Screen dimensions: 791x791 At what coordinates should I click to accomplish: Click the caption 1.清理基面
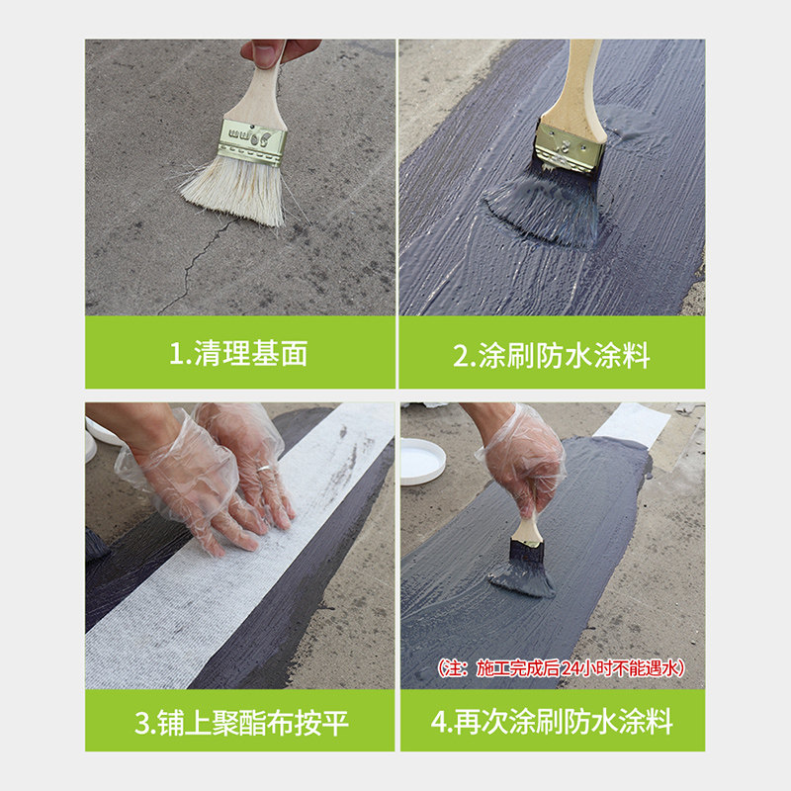[x=238, y=353]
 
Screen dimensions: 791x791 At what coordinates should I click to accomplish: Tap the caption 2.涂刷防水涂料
[x=552, y=355]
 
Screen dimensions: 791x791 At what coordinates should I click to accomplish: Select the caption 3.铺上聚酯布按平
[x=241, y=723]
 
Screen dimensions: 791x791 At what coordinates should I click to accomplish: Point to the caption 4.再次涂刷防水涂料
[x=552, y=722]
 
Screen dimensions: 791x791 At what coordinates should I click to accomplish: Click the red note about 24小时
[x=561, y=668]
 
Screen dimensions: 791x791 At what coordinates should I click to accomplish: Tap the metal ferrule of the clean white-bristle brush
[x=252, y=142]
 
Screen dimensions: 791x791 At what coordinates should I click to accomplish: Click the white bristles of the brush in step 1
[x=234, y=191]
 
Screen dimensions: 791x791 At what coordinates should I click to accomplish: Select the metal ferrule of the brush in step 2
[x=570, y=146]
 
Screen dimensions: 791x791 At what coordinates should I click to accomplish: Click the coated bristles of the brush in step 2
[x=548, y=207]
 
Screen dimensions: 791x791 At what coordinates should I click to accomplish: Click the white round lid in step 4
[x=423, y=461]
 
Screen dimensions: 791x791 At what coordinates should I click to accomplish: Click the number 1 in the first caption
[x=176, y=354]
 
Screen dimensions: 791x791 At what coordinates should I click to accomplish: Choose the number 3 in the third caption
[x=142, y=723]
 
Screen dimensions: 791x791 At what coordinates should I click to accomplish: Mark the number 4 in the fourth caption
[x=439, y=722]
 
